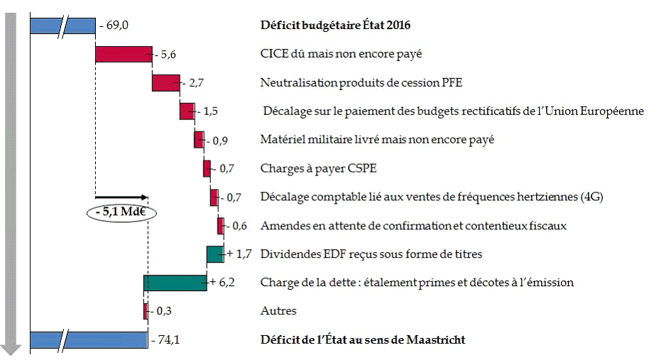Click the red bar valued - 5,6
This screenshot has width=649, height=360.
click(x=124, y=54)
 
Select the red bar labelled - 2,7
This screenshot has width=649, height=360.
click(x=165, y=82)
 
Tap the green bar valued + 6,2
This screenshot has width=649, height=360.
click(x=175, y=283)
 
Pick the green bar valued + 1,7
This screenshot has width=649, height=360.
click(x=215, y=253)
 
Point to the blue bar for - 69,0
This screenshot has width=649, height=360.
click(x=62, y=26)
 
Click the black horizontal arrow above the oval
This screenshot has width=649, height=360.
click(x=121, y=197)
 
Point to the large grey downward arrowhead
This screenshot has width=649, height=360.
click(x=11, y=348)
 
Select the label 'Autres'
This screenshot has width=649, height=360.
click(x=278, y=311)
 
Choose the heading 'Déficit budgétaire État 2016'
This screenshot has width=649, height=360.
click(x=336, y=26)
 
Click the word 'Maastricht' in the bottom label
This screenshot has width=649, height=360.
click(x=435, y=340)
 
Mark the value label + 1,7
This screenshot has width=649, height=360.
click(x=239, y=253)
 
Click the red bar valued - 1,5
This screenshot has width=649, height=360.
click(x=187, y=111)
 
